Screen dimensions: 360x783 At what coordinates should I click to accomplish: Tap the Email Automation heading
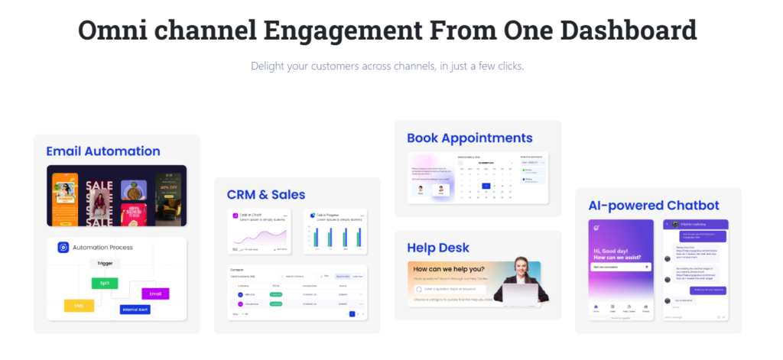pyautogui.click(x=103, y=151)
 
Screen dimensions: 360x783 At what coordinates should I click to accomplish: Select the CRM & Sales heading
pyautogui.click(x=266, y=194)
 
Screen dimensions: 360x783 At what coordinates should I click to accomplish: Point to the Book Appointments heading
pyautogui.click(x=469, y=138)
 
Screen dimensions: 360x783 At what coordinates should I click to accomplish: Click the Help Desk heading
pyautogui.click(x=438, y=248)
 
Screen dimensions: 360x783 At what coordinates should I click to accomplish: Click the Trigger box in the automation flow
pyautogui.click(x=104, y=264)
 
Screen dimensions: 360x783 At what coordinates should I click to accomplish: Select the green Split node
pyautogui.click(x=105, y=284)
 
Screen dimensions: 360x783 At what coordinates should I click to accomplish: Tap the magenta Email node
pyautogui.click(x=155, y=294)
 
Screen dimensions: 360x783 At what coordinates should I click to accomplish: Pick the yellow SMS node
pyautogui.click(x=79, y=306)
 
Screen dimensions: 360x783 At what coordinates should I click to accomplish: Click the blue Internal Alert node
pyautogui.click(x=135, y=310)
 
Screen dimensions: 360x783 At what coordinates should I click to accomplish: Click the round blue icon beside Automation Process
pyautogui.click(x=63, y=248)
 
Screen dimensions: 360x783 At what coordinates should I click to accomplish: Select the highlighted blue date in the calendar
pyautogui.click(x=485, y=186)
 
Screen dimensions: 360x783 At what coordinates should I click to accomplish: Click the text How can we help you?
pyautogui.click(x=449, y=269)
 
